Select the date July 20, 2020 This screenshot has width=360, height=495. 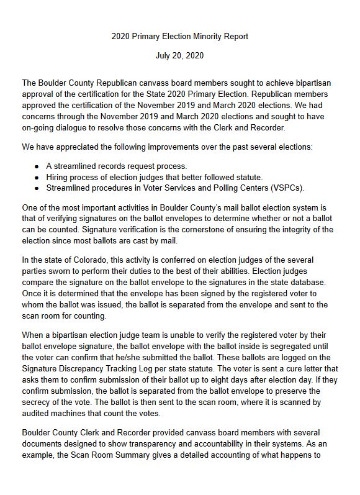tap(179, 56)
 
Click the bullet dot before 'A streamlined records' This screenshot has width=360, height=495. tap(38, 166)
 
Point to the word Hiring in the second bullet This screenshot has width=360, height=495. tap(59, 178)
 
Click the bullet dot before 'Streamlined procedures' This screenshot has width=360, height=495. tap(38, 188)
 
